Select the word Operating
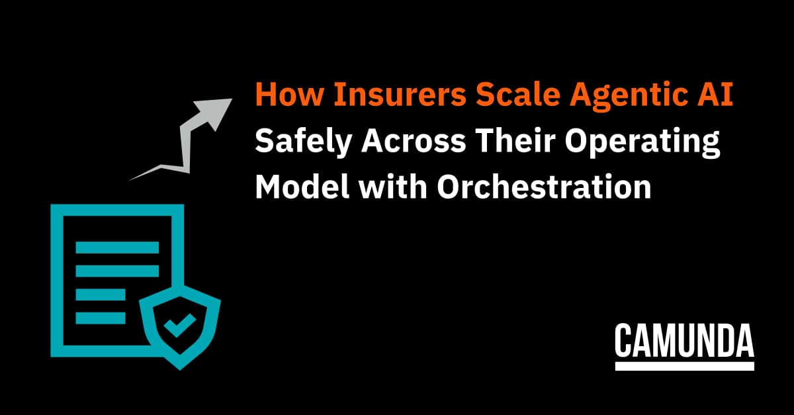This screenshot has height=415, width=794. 646,143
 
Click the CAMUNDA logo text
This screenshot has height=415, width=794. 684,341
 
